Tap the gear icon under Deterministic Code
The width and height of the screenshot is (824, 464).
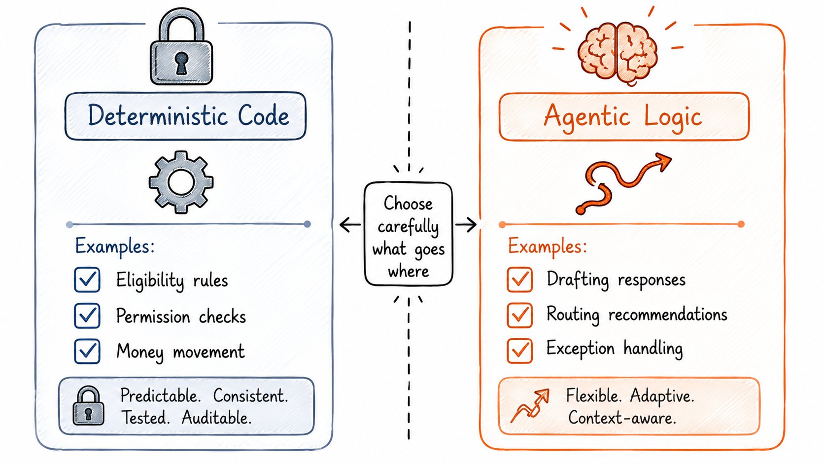point(181,182)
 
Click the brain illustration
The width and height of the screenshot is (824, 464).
point(618,51)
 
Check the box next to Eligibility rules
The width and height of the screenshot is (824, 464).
point(87,280)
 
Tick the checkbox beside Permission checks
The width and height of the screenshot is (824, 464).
point(87,316)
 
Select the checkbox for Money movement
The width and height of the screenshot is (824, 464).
point(87,351)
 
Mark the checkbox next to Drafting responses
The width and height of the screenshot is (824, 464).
point(519,280)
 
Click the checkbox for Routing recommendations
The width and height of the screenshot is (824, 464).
point(519,315)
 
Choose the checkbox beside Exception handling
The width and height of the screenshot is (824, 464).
point(519,351)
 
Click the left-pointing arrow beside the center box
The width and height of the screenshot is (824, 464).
point(350,224)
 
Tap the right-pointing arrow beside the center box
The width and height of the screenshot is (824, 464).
point(466,224)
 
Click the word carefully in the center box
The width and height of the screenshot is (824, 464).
point(409,227)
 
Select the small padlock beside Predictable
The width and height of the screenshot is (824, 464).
point(88,405)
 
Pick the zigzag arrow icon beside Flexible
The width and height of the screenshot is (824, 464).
point(530,405)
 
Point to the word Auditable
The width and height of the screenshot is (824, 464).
point(217,418)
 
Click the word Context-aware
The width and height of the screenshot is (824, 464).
point(622,418)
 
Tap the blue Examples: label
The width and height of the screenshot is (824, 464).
point(115,246)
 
